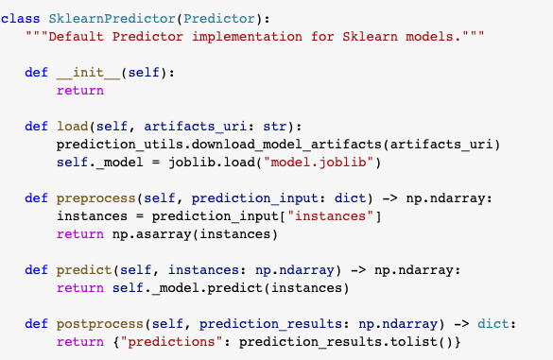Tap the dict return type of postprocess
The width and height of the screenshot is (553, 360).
[x=496, y=323]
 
